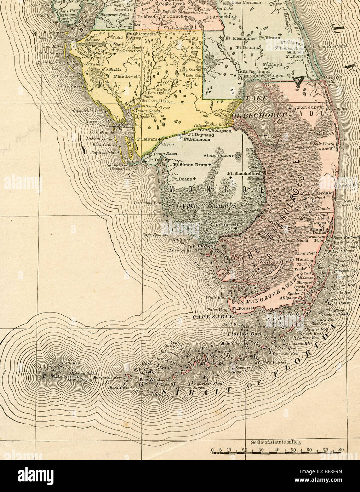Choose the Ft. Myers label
tap(147, 139)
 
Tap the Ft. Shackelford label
tap(244, 173)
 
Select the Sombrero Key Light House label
tap(247, 369)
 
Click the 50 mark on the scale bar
tap(293, 450)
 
